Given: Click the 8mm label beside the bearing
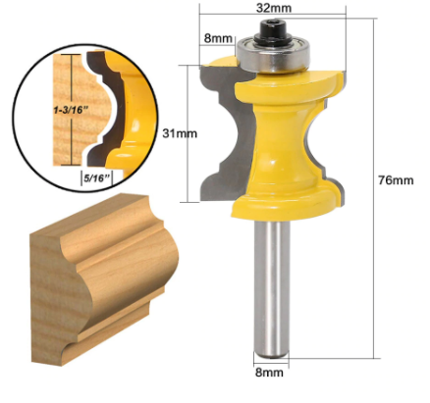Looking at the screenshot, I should (x=217, y=40).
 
